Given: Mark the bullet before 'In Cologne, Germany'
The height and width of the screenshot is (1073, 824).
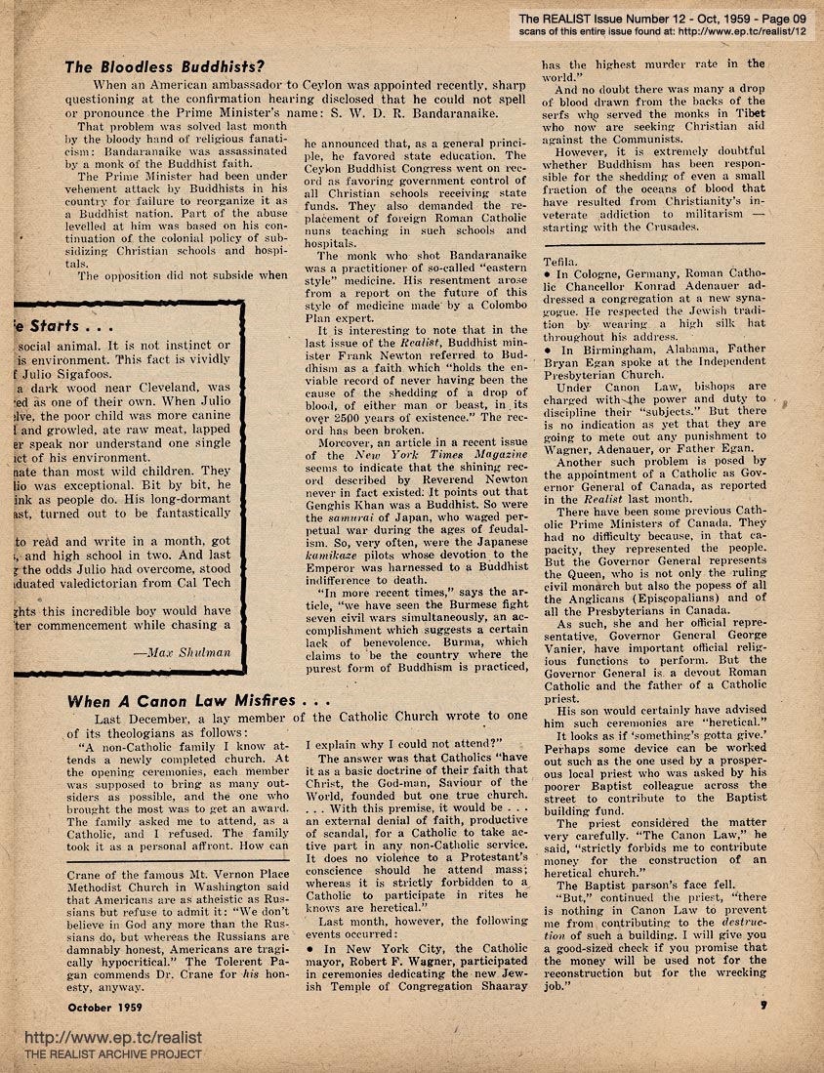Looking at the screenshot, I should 548,275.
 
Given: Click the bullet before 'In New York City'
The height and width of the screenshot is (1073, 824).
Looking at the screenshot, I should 322,948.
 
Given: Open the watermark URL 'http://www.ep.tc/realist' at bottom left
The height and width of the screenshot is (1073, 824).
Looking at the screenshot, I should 92,1038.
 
